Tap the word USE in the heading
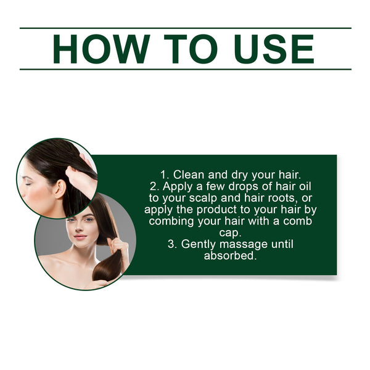click(x=269, y=49)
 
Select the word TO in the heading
click(x=186, y=49)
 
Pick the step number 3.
click(x=172, y=244)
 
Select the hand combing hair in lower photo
click(x=118, y=245)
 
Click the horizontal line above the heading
click(x=185, y=28)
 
